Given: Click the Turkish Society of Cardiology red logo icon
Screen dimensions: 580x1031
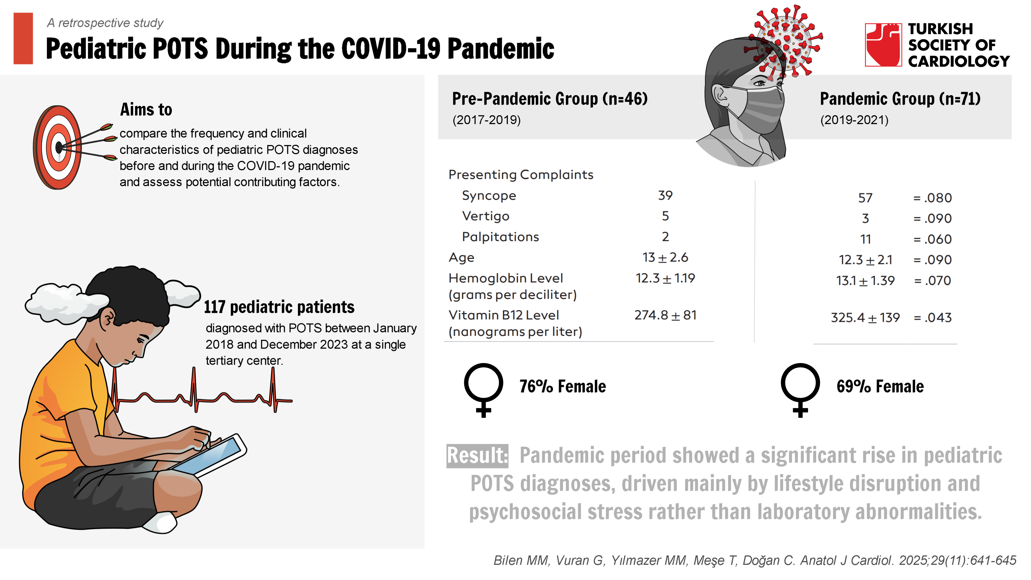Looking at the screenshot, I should coord(883,45).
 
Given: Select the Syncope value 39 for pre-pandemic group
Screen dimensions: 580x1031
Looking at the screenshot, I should coord(665,196).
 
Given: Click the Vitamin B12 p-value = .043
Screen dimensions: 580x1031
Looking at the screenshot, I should coord(932,318).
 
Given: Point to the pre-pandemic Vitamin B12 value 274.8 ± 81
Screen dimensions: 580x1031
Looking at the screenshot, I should coord(665,316).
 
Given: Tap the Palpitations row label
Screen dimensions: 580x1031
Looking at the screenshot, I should coord(500,237).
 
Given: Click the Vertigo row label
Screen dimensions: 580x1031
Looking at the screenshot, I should coord(485,216).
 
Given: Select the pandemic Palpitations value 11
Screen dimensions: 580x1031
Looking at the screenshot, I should coord(865,239).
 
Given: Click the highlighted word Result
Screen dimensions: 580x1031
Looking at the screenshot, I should coord(477,455).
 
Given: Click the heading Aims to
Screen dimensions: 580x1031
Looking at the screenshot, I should coord(146,110).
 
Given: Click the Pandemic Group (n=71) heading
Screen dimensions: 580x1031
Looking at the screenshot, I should coord(900,99).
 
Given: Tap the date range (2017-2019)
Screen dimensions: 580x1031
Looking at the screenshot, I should coord(486,120).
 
